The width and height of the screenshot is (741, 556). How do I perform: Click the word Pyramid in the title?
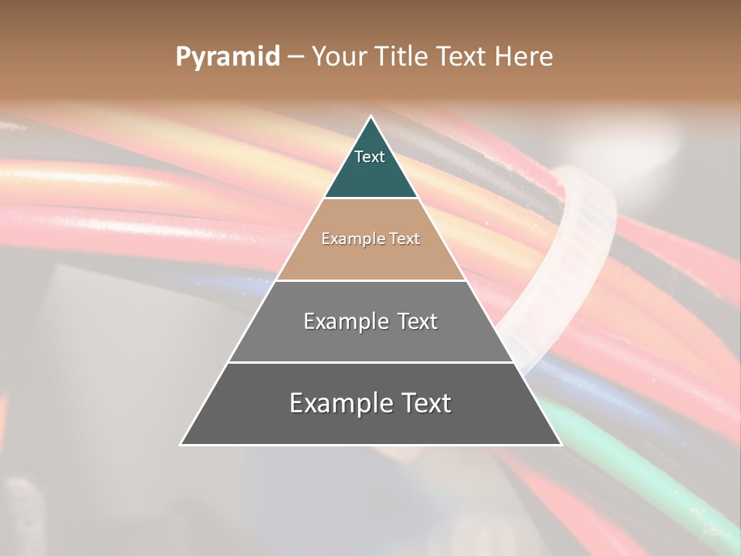(x=227, y=57)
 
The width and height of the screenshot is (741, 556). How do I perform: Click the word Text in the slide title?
(x=462, y=57)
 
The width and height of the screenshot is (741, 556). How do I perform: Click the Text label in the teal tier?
(x=370, y=158)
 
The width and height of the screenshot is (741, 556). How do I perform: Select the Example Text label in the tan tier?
(x=370, y=239)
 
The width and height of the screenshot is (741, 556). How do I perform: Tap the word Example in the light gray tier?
(x=345, y=321)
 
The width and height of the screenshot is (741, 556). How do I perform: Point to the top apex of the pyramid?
(x=370, y=117)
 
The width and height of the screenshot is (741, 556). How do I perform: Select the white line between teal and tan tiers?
(x=370, y=198)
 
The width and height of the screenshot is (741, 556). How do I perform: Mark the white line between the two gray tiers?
(x=370, y=362)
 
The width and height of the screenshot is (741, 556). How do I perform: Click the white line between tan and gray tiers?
(x=370, y=280)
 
